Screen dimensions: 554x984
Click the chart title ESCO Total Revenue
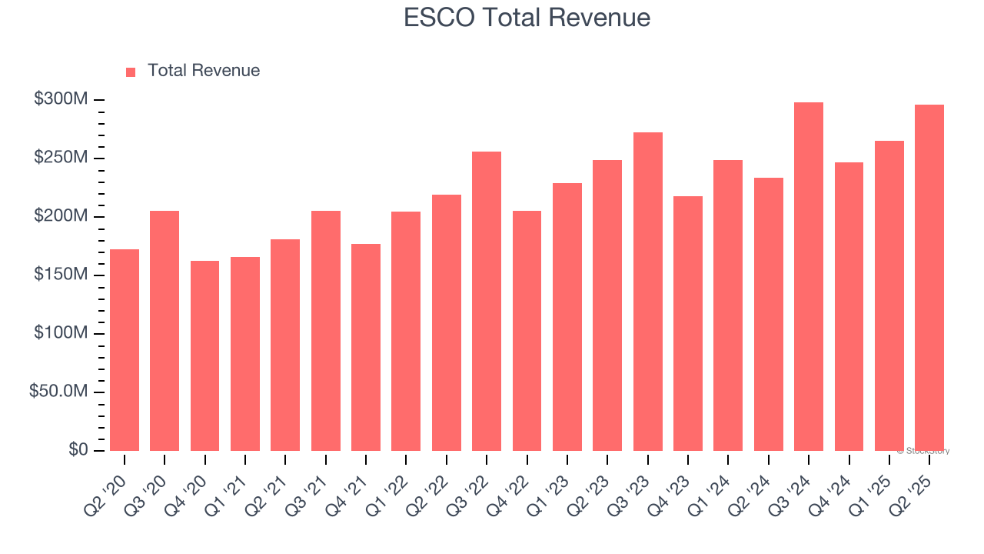(x=527, y=18)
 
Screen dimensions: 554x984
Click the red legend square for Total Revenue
(x=131, y=72)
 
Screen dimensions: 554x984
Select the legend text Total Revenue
(x=203, y=71)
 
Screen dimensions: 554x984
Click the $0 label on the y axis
(x=78, y=450)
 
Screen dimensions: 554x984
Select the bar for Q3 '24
(x=808, y=277)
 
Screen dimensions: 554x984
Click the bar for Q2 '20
(x=125, y=350)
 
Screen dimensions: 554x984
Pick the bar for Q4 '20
(x=204, y=355)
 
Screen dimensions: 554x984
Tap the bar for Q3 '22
(x=487, y=302)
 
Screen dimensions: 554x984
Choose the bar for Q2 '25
(x=929, y=278)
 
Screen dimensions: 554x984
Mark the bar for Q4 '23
(x=687, y=323)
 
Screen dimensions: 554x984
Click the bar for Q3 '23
(x=647, y=292)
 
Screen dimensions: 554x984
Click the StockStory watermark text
(x=922, y=451)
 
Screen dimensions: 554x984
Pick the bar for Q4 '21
(x=366, y=347)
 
